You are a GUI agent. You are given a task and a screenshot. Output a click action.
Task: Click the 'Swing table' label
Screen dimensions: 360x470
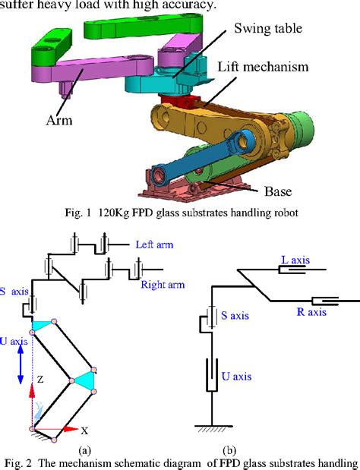(268, 29)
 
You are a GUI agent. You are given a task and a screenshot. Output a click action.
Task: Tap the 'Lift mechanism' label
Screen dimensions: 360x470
(263, 66)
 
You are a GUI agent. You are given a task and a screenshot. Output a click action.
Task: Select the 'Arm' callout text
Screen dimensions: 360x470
(59, 120)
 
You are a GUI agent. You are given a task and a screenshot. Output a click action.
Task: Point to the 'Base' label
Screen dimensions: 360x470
(278, 191)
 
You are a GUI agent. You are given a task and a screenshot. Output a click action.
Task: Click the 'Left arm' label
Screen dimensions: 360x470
(154, 244)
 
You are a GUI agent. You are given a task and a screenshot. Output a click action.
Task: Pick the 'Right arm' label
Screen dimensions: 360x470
(163, 285)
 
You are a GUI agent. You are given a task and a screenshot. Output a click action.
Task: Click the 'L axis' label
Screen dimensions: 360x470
(295, 260)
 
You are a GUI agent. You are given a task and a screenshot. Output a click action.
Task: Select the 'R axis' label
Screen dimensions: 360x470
(311, 312)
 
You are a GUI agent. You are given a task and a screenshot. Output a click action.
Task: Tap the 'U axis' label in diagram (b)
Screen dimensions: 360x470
(236, 376)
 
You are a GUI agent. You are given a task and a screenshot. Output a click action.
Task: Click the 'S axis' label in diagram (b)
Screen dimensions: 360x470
(235, 315)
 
